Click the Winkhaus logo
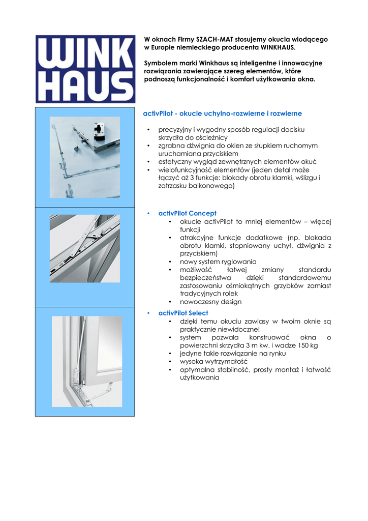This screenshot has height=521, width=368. click(85, 69)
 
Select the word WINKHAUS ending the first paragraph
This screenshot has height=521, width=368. click(278, 47)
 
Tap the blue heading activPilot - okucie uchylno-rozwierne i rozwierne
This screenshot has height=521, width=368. click(222, 113)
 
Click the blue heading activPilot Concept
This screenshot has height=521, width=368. click(187, 213)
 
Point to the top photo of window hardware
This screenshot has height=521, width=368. click(85, 157)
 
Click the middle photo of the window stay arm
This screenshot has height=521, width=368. click(85, 248)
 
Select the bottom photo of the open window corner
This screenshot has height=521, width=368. click(87, 361)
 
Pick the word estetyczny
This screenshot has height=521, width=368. click(174, 162)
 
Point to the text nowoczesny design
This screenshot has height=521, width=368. click(210, 302)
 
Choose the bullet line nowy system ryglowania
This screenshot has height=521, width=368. click(218, 262)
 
